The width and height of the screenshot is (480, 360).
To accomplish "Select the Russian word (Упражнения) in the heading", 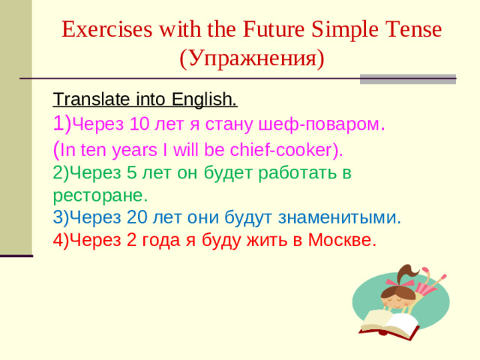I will (x=252, y=58).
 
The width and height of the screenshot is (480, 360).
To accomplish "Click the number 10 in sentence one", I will (x=141, y=124).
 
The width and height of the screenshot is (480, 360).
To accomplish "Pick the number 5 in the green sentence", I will (x=132, y=173).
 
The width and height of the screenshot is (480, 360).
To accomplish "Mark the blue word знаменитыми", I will (x=339, y=217).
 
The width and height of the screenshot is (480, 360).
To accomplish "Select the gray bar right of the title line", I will (x=407, y=79).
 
